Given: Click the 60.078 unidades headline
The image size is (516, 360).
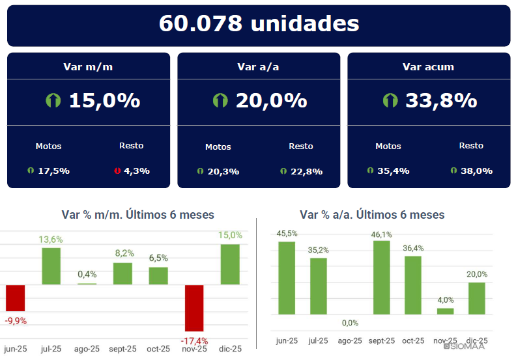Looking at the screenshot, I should [259, 24].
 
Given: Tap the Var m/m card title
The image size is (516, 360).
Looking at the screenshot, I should [89, 66].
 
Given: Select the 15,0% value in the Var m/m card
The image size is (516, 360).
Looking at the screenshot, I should [104, 101].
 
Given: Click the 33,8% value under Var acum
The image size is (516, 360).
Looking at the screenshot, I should [441, 101].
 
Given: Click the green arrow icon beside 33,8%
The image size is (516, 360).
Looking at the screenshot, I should [390, 101].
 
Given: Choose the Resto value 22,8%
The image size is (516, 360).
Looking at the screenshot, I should [306, 172].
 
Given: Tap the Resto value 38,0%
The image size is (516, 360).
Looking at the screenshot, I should [475, 171].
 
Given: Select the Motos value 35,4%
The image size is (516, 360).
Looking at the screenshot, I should [392, 171].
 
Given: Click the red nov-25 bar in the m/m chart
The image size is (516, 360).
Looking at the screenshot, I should [194, 308].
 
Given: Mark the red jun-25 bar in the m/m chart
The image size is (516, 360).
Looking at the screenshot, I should [16, 298].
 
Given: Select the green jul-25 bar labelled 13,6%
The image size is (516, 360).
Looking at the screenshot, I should [51, 266].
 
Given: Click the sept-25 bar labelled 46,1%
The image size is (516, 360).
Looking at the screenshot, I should [381, 277].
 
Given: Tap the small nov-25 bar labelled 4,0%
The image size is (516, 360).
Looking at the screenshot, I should [445, 311].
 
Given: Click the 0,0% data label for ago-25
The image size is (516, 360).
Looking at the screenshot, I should [350, 323].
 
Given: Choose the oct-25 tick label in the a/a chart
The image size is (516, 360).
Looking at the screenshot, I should [413, 340].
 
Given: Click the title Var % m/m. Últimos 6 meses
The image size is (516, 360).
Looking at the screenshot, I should [137, 215].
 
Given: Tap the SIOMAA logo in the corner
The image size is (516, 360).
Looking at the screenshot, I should [465, 346].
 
